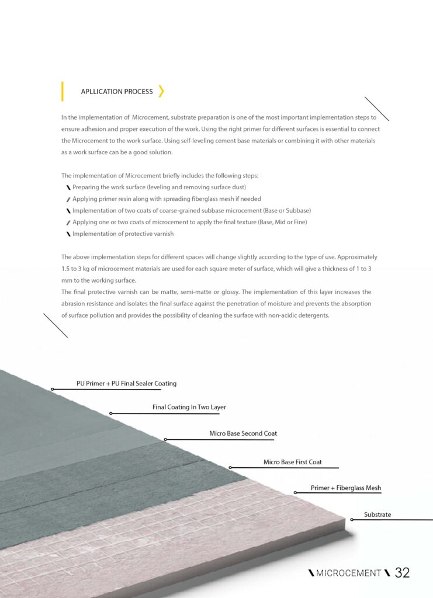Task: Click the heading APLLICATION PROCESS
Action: tap(117, 92)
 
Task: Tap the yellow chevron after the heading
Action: tap(161, 91)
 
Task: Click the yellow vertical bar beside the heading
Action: tap(63, 92)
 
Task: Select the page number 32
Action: tap(402, 573)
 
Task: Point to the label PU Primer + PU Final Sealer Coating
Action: tap(126, 384)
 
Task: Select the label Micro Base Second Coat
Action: tap(243, 434)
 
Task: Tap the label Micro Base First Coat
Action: tap(293, 462)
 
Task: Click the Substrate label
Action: tap(377, 514)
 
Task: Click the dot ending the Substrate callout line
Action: tap(352, 519)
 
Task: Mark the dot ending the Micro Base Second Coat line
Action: tap(165, 439)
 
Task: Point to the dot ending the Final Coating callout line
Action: tap(111, 413)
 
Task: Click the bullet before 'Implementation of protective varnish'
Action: tap(68, 234)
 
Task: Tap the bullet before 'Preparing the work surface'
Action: tap(68, 187)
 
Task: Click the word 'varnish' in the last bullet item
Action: tap(162, 234)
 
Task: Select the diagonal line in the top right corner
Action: tap(376, 109)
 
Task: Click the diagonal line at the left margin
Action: tap(56, 325)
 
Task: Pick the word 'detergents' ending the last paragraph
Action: tap(315, 315)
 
